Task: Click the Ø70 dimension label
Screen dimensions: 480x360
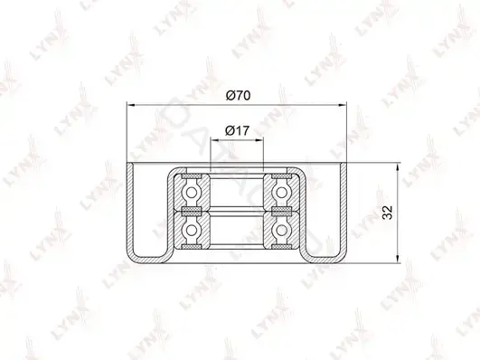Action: click(238, 96)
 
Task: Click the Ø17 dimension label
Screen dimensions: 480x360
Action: click(237, 131)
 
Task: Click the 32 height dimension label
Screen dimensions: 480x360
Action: click(388, 213)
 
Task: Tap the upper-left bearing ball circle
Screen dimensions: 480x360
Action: click(192, 193)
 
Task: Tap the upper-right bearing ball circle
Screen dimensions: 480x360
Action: click(281, 193)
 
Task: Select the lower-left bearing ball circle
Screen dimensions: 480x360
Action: click(192, 230)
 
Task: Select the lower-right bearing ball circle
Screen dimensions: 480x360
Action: click(281, 230)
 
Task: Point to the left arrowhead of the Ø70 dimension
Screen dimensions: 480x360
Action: click(131, 105)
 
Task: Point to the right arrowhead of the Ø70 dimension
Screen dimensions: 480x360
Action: click(343, 105)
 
